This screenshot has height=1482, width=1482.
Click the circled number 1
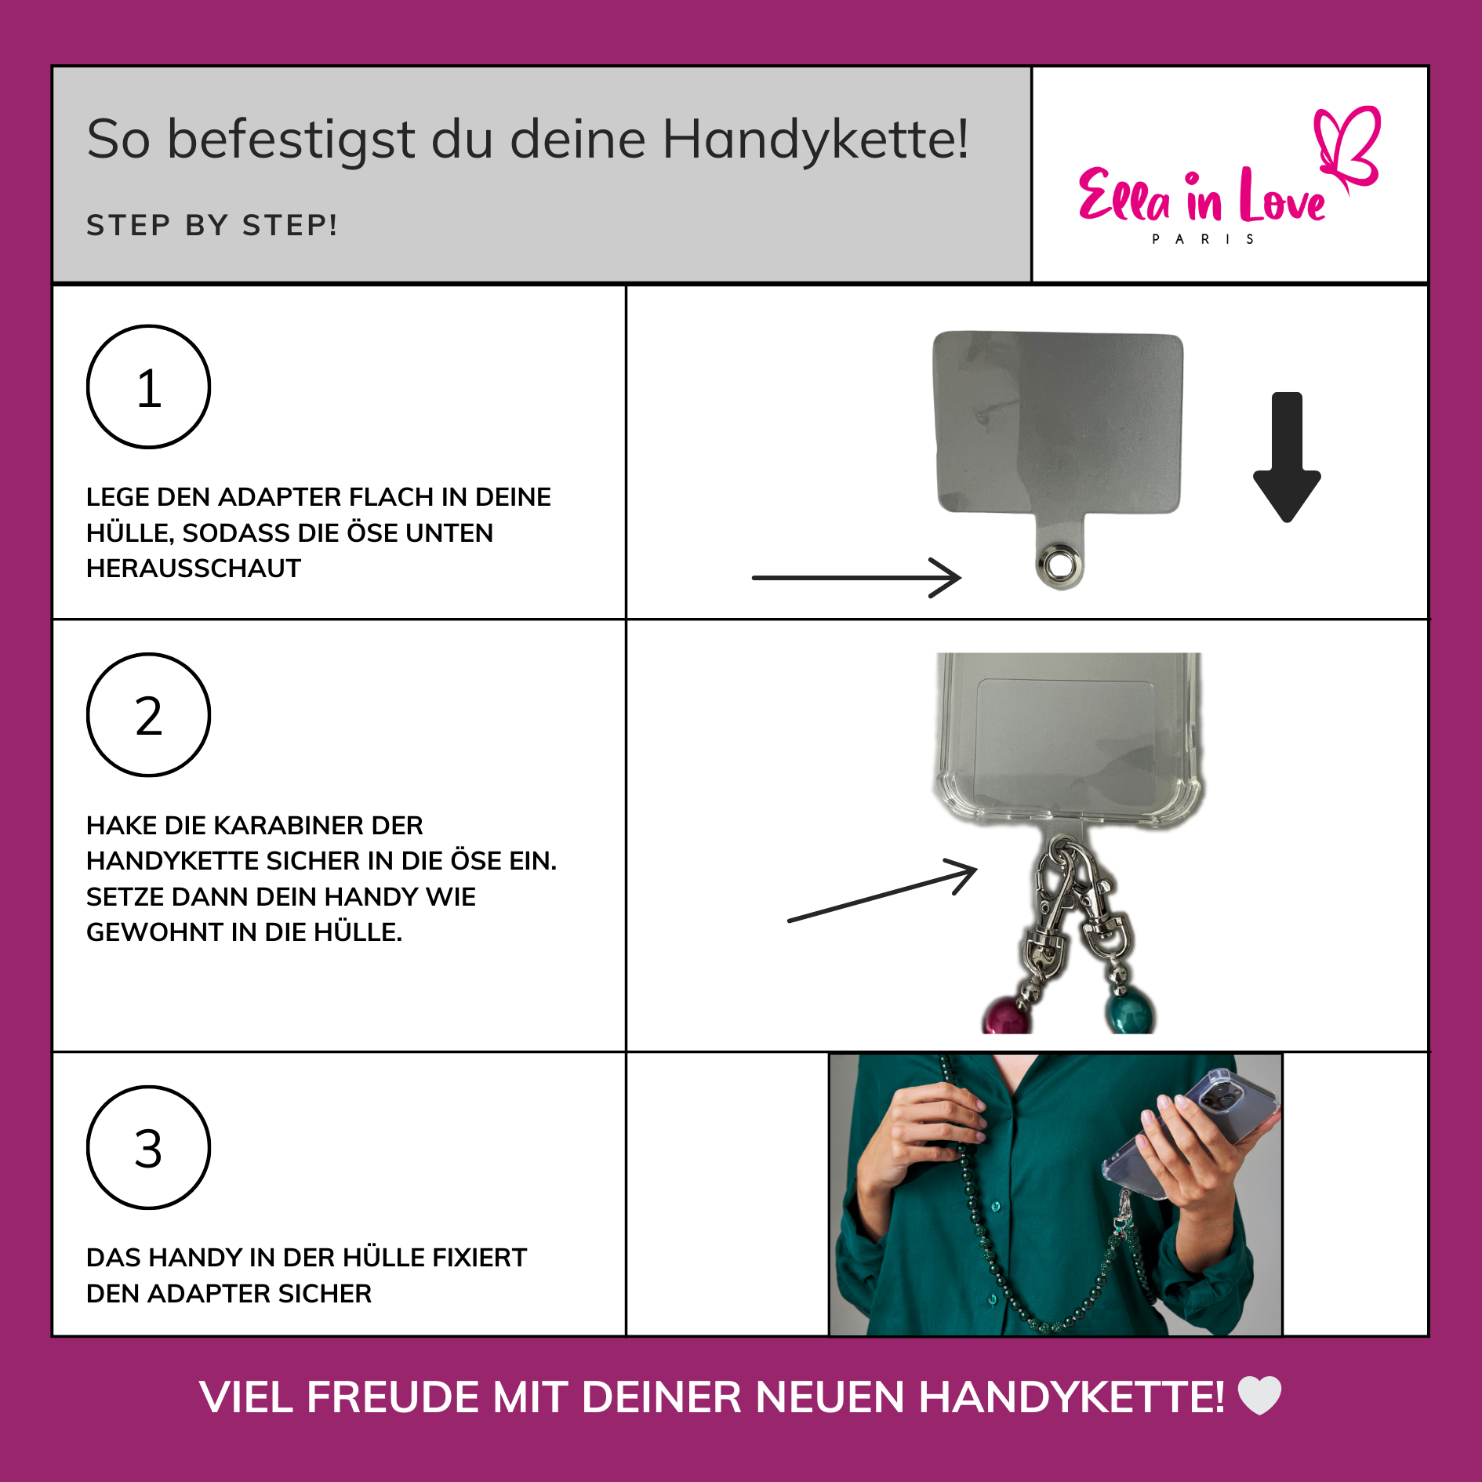(x=148, y=387)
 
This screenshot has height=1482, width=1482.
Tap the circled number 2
(x=148, y=715)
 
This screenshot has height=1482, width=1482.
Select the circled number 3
(x=148, y=1148)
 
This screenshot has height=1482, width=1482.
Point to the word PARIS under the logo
(x=1203, y=239)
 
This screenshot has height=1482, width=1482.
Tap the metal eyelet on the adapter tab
(x=1060, y=563)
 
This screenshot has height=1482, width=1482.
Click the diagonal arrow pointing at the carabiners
(x=882, y=892)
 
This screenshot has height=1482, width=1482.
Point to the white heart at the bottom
(x=1259, y=1396)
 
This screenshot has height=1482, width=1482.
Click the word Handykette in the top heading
(x=815, y=140)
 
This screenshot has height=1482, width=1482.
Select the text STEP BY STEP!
(x=212, y=225)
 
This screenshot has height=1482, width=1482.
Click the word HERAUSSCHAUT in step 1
(x=194, y=568)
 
